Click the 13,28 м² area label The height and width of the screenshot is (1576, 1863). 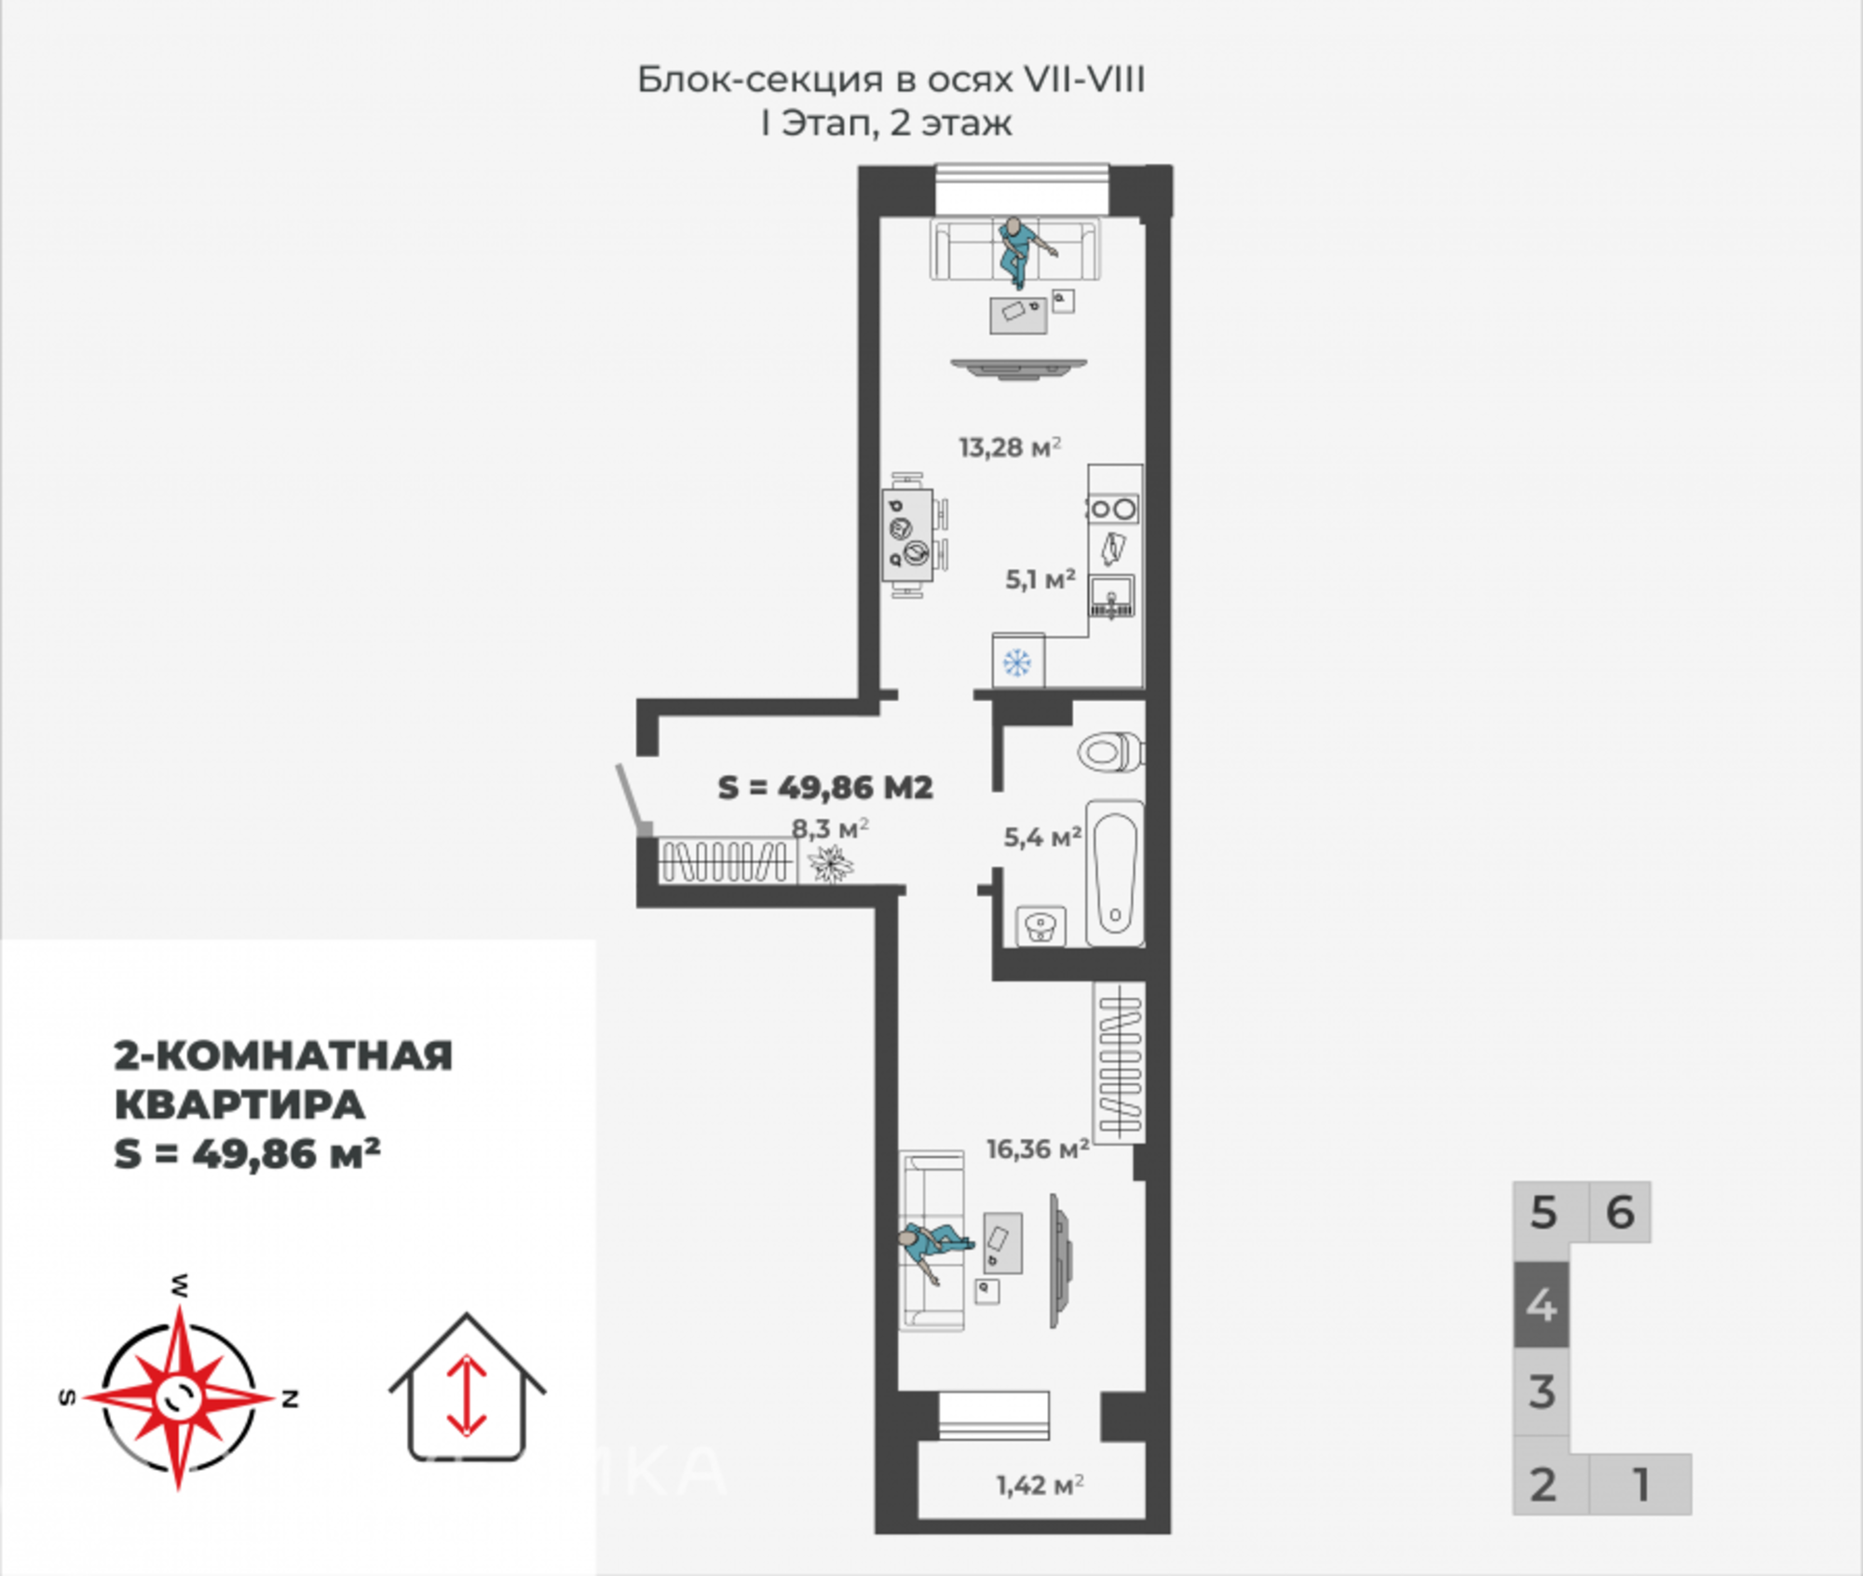[1011, 447]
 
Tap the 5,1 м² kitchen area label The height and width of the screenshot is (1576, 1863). [1040, 579]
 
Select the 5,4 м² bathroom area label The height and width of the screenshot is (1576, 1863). [1042, 836]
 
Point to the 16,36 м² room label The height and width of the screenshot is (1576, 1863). [1039, 1148]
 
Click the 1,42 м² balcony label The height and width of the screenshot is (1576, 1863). [1040, 1485]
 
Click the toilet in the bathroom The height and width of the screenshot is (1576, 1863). [1111, 752]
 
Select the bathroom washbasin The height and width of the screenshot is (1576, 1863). [1040, 926]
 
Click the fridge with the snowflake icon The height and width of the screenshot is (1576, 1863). [1017, 661]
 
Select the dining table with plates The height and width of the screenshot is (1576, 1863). [908, 536]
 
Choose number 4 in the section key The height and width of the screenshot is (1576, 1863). [1542, 1305]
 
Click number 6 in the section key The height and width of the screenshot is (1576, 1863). [1620, 1212]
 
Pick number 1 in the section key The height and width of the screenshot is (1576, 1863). [1640, 1485]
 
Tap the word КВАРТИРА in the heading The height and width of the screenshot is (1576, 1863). [239, 1106]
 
